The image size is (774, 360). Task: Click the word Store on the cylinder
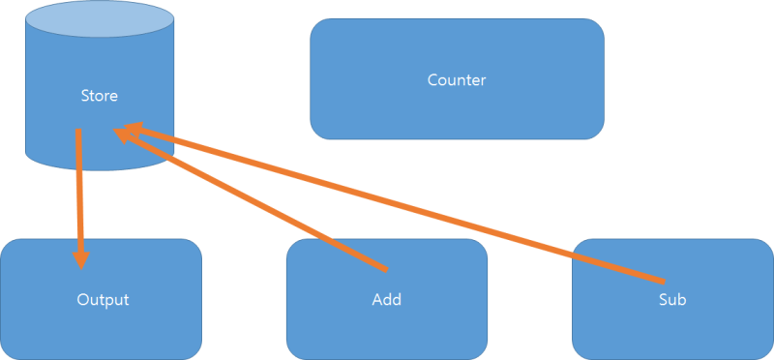[x=101, y=96]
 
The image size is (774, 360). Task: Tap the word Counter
[x=457, y=79]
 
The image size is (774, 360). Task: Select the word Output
[x=103, y=300]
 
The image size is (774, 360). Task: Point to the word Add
[x=386, y=300]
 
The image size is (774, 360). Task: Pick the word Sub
[x=671, y=300]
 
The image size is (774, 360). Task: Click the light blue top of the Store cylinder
[x=101, y=19]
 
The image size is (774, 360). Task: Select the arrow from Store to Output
[x=79, y=194]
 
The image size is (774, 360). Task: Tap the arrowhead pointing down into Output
[x=80, y=258]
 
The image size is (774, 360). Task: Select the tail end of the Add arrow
[x=384, y=267]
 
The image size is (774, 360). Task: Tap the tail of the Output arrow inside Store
[x=78, y=133]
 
